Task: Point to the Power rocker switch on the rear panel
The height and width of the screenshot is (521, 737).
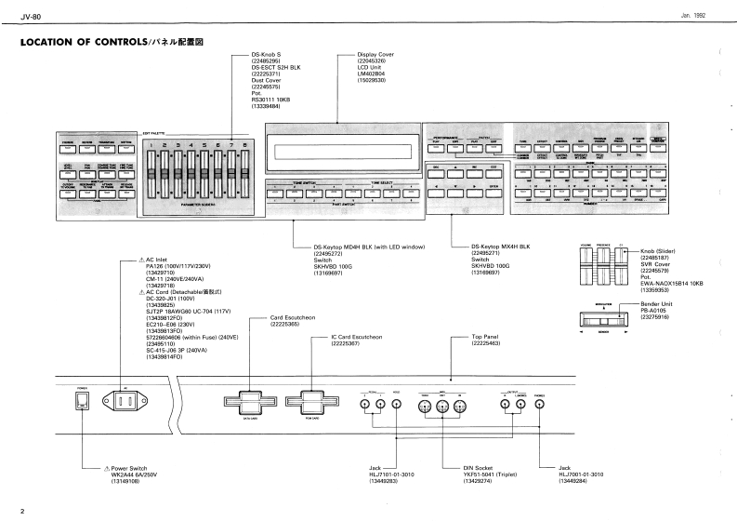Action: [x=80, y=402]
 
